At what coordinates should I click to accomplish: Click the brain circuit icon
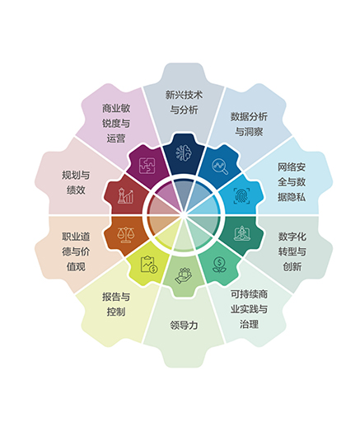point(184,152)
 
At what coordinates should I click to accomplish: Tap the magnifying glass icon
point(220,166)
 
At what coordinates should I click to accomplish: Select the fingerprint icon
point(242,195)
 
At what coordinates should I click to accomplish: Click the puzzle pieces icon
point(147,166)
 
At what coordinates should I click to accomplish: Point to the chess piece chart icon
point(125,195)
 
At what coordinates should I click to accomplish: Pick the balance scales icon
point(125,234)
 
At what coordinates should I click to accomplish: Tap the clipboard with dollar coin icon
point(149,265)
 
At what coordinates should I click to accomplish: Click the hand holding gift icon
point(184,275)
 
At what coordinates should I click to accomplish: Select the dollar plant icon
point(219,265)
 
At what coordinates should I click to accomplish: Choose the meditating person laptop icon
point(242,233)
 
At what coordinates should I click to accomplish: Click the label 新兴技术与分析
point(184,102)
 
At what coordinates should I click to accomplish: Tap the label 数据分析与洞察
point(249,124)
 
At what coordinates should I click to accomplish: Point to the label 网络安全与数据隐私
point(292,182)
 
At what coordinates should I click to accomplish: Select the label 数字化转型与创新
point(292,251)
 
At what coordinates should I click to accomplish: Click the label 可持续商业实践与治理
point(249,309)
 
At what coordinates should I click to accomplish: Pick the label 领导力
point(184,325)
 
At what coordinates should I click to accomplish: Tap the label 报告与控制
point(116,304)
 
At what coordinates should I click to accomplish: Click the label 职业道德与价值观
point(76,251)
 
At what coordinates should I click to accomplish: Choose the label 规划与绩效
point(76,182)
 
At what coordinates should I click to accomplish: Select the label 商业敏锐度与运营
point(116,124)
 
